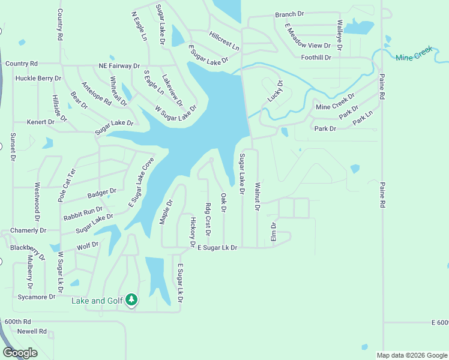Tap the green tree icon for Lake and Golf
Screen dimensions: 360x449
(x=131, y=299)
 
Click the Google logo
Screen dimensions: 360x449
(x=20, y=352)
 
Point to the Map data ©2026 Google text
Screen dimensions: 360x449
(x=411, y=355)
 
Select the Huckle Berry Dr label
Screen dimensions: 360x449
(x=38, y=78)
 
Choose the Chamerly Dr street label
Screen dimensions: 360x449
(x=29, y=230)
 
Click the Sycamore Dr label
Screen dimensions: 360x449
(x=36, y=296)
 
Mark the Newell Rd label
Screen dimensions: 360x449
(x=32, y=331)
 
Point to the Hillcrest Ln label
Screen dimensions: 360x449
(x=224, y=40)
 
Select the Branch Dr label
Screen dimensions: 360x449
(x=290, y=14)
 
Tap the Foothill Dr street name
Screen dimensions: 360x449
(x=316, y=58)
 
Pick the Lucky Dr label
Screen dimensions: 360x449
(x=276, y=91)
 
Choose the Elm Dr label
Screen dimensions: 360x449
(x=274, y=232)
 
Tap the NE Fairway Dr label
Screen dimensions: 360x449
(x=119, y=66)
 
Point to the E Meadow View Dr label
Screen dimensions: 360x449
(x=307, y=37)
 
